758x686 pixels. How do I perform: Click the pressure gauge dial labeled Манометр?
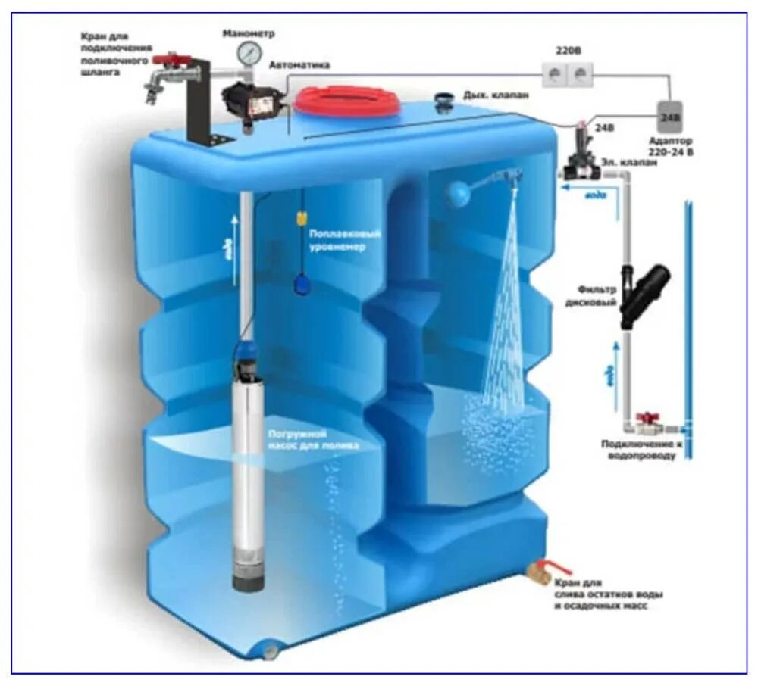coord(247,52)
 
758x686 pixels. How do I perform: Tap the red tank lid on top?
coord(347,101)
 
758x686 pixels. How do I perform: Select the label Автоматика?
coord(300,65)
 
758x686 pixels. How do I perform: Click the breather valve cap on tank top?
coord(444,99)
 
